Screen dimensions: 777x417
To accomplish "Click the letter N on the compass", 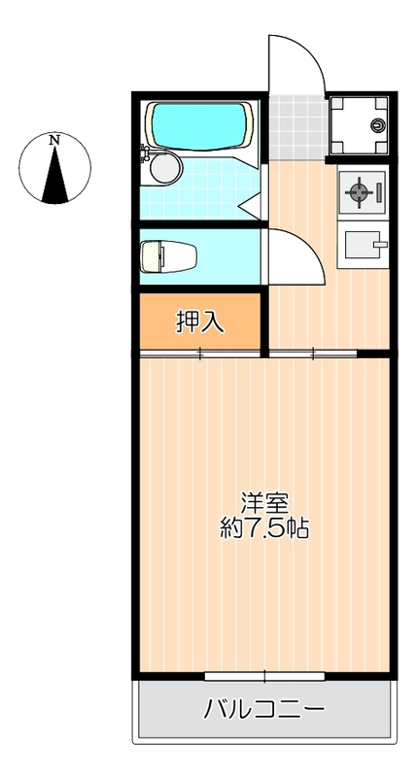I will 55,140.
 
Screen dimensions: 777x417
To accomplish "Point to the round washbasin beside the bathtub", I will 165,168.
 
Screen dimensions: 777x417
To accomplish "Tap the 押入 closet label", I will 199,322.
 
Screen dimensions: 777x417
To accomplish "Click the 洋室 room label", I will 264,503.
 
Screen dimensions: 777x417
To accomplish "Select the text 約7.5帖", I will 264,529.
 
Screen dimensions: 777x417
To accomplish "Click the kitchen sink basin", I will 360,247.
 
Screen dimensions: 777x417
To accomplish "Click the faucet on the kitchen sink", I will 379,245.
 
